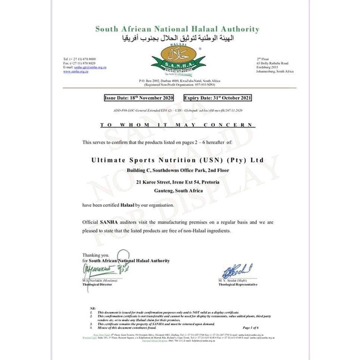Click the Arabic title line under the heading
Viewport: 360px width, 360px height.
coord(180,38)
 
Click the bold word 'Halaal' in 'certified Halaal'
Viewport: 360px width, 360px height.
coord(127,205)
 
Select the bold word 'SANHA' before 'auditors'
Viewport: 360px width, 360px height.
coord(109,222)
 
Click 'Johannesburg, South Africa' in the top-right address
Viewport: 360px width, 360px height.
coord(275,72)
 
